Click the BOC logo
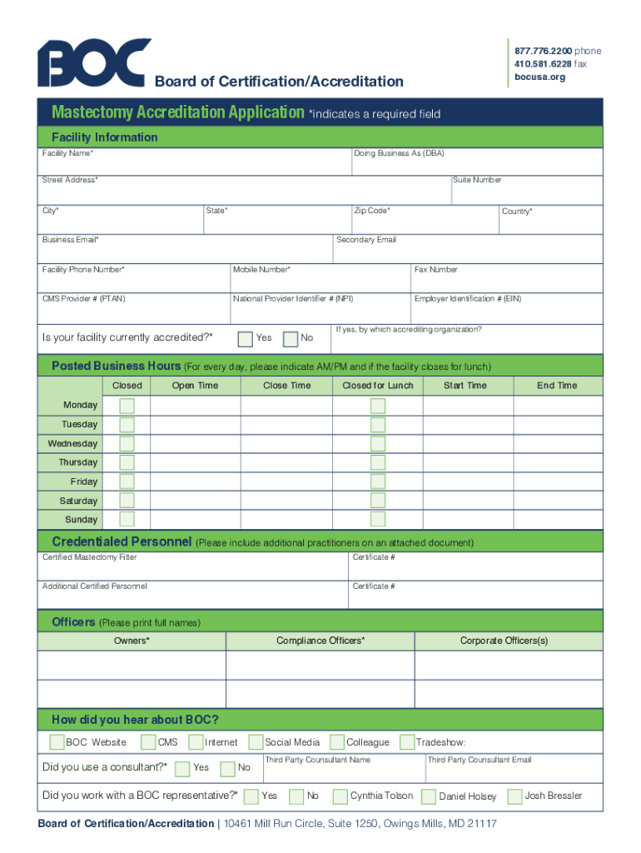point(94,62)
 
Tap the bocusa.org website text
point(539,77)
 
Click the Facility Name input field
point(196,166)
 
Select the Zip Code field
point(424,222)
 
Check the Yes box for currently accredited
point(246,338)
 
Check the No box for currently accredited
point(291,338)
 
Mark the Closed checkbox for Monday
point(127,406)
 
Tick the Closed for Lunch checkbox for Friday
point(378,481)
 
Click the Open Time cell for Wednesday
point(195,444)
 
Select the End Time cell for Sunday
point(557,520)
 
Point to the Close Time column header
point(286,386)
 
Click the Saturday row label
point(78,501)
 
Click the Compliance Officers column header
point(320,641)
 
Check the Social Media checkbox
point(254,742)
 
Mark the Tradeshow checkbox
point(407,742)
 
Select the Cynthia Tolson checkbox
point(340,796)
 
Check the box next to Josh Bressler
point(514,796)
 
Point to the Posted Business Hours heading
point(116,367)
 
